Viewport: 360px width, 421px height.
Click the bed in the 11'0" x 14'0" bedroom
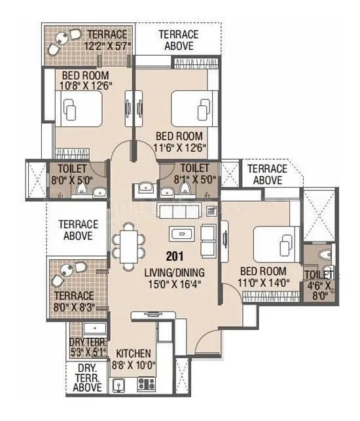273,243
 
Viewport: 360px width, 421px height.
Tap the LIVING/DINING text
174,272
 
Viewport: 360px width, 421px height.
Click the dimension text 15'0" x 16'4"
174,284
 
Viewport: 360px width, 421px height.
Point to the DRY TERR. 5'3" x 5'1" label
87,347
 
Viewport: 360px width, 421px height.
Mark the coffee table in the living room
180,233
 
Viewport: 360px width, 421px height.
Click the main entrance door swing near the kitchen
208,344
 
